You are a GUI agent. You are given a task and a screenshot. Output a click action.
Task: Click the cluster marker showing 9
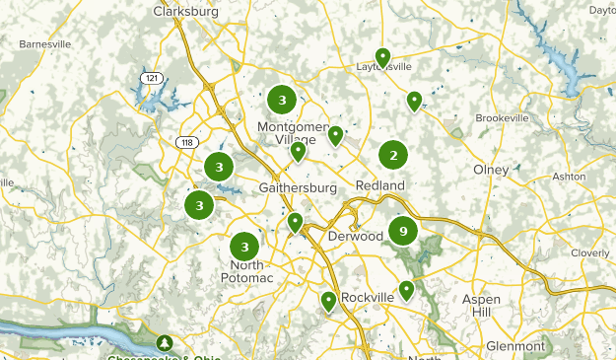coord(402,231)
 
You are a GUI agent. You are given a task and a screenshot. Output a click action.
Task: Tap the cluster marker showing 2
coord(393,155)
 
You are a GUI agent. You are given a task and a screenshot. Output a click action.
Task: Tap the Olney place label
coord(491,170)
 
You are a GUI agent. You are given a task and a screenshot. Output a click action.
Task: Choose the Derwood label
coord(355,237)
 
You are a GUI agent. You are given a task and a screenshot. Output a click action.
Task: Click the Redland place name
coord(380,185)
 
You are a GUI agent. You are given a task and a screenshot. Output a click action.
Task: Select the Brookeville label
coord(503,117)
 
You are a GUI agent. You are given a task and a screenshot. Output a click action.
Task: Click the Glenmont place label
coord(515,346)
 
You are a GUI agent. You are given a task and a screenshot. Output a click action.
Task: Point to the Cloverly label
coord(590,252)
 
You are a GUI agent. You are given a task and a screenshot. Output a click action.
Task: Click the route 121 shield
coord(151,77)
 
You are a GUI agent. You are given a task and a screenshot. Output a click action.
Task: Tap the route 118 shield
coord(185,143)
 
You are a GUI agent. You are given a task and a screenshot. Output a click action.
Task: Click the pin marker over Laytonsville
coord(382,56)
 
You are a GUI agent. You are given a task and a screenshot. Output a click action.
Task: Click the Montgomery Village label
coord(292,133)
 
